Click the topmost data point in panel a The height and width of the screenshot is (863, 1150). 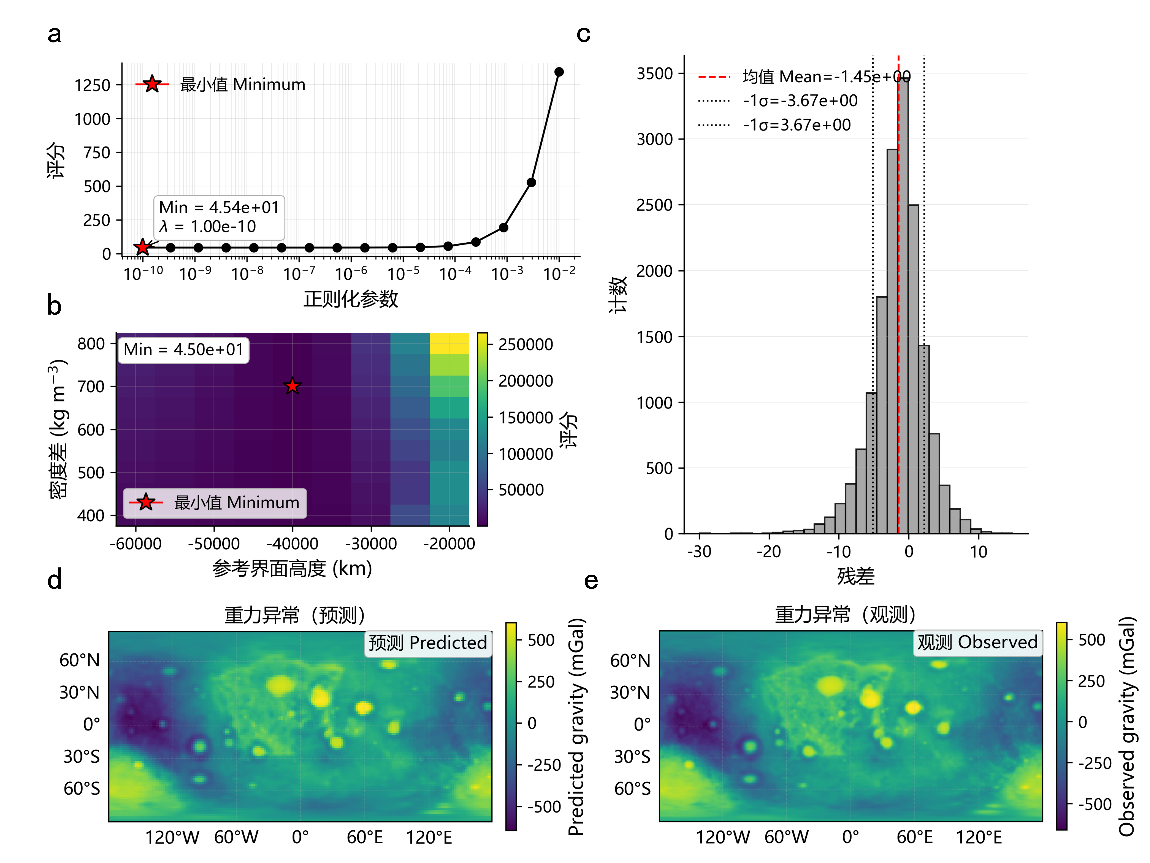coord(559,72)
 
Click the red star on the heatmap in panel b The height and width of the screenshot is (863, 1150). coord(293,386)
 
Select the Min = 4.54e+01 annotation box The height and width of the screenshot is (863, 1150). coord(219,217)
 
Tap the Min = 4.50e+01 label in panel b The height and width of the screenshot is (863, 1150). coord(184,350)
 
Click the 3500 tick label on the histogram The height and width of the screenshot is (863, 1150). coord(655,74)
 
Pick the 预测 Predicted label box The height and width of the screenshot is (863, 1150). coord(428,643)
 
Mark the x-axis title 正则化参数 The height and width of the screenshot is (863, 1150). coord(351,299)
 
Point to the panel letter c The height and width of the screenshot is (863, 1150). coord(583,34)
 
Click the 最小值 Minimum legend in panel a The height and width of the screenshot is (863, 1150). coord(221,84)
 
